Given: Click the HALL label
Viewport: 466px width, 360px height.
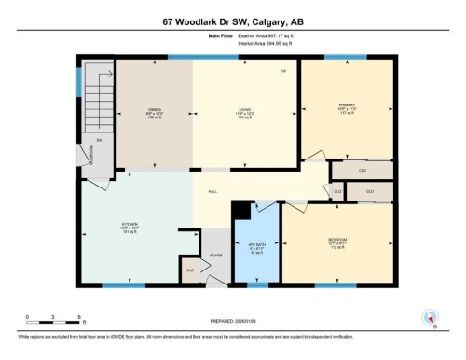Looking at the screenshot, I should [212, 190].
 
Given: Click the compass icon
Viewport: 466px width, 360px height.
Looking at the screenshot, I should [431, 318].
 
